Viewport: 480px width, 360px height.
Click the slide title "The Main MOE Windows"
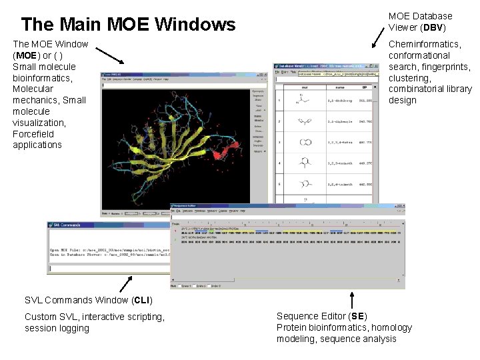[128, 25]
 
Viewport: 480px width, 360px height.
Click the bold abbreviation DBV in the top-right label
[433, 27]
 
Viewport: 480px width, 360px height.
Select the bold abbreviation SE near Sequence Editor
[358, 316]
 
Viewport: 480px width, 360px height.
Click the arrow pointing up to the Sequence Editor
[352, 299]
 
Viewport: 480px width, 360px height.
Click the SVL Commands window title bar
[107, 225]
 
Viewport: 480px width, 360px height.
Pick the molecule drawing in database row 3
[304, 142]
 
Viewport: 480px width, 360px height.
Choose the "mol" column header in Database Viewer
[304, 86]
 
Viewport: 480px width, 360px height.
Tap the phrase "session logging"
[57, 328]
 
